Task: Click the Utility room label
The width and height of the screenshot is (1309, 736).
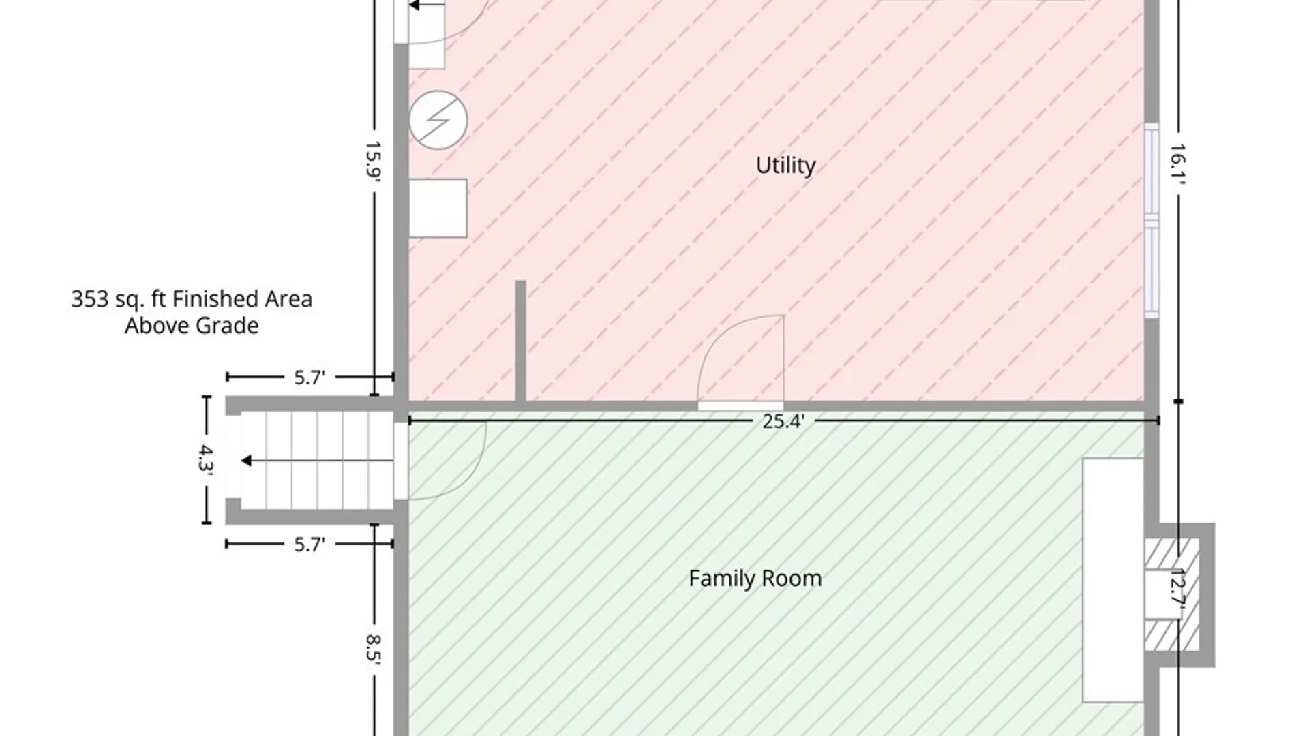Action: (x=785, y=166)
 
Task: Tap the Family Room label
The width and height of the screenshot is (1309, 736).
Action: (x=755, y=579)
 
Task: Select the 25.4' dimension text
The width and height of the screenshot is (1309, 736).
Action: (x=783, y=421)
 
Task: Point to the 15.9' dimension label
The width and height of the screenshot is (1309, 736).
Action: (x=373, y=162)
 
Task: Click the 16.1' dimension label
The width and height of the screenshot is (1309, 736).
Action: (x=1179, y=164)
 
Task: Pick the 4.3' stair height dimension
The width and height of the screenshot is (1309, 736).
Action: (x=206, y=459)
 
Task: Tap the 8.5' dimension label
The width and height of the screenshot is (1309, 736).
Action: (x=373, y=650)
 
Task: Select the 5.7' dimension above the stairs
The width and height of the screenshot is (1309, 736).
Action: (x=310, y=378)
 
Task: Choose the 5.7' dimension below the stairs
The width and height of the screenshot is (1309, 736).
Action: (x=310, y=545)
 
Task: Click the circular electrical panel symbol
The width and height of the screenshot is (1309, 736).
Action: (x=438, y=120)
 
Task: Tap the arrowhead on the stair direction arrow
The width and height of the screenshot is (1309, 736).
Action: (x=246, y=461)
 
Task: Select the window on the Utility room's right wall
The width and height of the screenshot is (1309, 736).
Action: (x=1152, y=220)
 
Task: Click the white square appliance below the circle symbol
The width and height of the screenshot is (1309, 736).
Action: (x=438, y=208)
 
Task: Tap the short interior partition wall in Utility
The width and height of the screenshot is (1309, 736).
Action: (x=520, y=341)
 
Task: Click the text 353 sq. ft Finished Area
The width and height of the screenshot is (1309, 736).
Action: (x=192, y=299)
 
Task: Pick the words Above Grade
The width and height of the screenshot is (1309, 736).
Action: (x=192, y=326)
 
